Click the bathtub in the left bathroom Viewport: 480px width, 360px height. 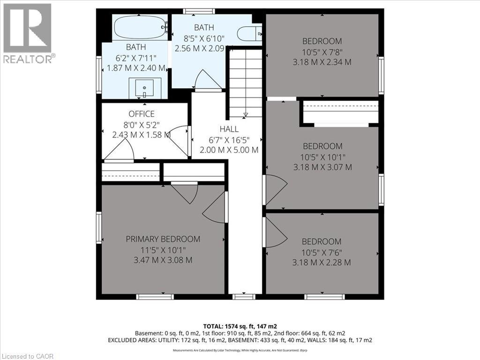pyautogui.click(x=140, y=28)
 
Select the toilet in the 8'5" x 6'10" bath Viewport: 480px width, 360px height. pyautogui.click(x=249, y=34)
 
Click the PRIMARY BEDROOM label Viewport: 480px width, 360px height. pyautogui.click(x=163, y=239)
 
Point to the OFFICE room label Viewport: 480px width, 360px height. pyautogui.click(x=141, y=114)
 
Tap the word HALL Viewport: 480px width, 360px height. pyautogui.click(x=229, y=129)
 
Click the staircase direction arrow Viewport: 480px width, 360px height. pyautogui.click(x=245, y=114)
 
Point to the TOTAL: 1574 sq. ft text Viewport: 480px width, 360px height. pyautogui.click(x=240, y=326)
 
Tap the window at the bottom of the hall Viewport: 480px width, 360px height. pyautogui.click(x=244, y=296)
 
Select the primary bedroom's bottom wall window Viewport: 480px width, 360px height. pyautogui.click(x=155, y=296)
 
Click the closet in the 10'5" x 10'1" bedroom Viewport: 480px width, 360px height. pyautogui.click(x=340, y=112)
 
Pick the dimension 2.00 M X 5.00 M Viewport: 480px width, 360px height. pyautogui.click(x=229, y=150)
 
